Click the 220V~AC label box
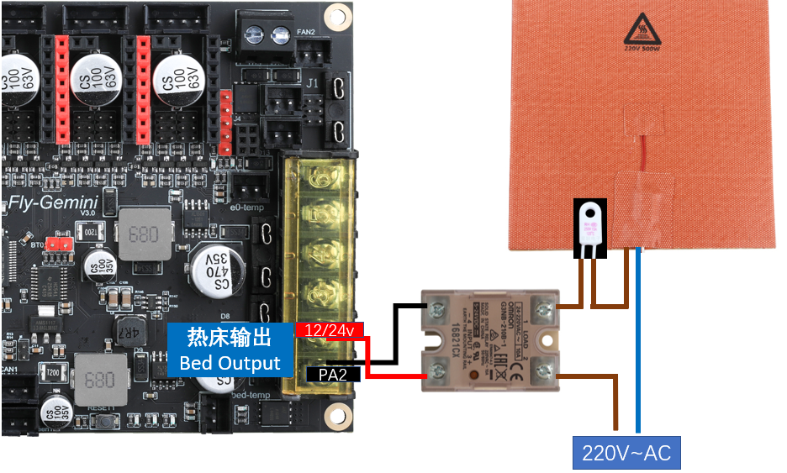(x=626, y=453)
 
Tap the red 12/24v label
(x=329, y=332)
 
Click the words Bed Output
(x=230, y=364)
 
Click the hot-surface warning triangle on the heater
(x=644, y=30)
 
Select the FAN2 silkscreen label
(x=305, y=34)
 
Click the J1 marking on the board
(x=312, y=83)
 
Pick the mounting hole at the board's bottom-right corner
(x=338, y=414)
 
